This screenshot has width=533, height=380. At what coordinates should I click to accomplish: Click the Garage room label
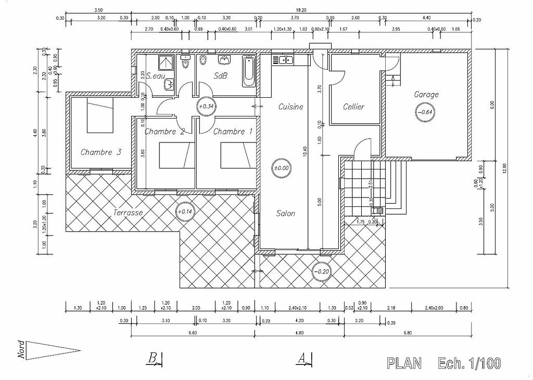coord(426,95)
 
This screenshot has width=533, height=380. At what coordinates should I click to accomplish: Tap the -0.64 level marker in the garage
coord(425,111)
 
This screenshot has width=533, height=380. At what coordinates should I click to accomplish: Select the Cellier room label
coord(353,107)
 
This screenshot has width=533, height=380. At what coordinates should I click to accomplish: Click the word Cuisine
coord(290,107)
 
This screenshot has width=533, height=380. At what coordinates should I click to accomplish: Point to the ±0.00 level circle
coord(283,167)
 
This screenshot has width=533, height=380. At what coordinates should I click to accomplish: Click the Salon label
coord(286,214)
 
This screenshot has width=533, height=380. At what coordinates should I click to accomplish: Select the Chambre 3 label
coord(101,152)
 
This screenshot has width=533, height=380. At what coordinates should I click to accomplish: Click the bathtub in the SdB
coord(248,72)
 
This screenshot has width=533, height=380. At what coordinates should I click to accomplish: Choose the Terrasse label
coord(128,212)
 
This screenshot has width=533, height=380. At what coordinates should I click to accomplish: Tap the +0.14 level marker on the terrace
coord(185,212)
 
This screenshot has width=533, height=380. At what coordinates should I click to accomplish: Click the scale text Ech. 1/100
coord(469,363)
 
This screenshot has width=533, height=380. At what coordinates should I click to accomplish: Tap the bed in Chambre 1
coord(237,156)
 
